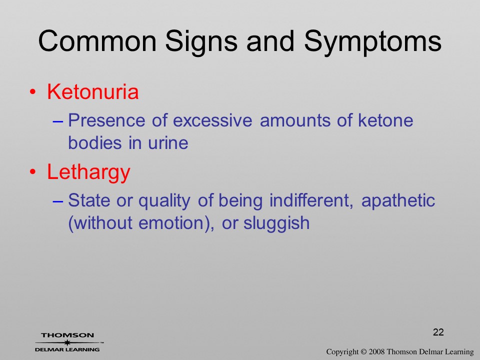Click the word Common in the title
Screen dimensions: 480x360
[97, 41]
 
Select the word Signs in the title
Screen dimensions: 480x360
[201, 43]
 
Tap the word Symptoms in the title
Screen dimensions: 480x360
[373, 43]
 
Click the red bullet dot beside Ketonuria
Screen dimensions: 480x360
[33, 92]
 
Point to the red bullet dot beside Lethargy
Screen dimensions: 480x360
[33, 172]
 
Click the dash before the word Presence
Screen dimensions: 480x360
[58, 121]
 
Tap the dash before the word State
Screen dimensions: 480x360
[58, 201]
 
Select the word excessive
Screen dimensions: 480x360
[212, 120]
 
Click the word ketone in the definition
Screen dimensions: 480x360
[385, 120]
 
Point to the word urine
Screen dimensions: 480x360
[168, 142]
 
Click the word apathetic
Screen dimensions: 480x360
[398, 201]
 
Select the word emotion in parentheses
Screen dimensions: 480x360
[171, 223]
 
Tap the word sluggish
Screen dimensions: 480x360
[276, 223]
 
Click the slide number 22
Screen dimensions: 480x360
[438, 332]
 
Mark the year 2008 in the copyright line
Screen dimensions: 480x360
[376, 351]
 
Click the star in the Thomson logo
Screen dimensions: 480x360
[67, 342]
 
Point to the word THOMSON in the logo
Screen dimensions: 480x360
[67, 335]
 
